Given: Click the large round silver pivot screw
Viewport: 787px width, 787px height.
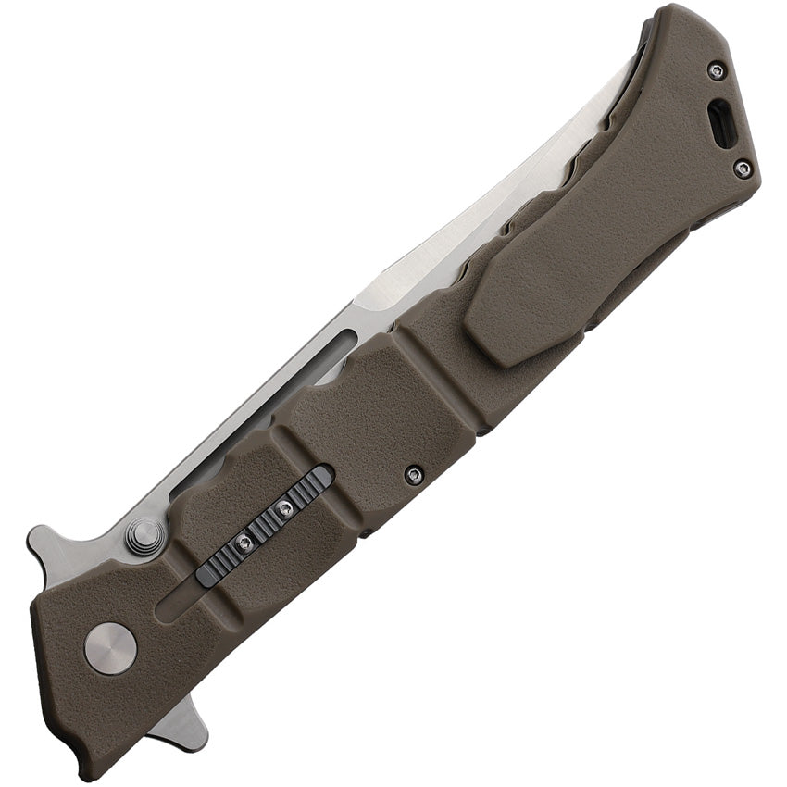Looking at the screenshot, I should click(x=110, y=648).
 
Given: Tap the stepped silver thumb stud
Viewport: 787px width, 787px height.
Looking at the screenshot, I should click(x=144, y=536).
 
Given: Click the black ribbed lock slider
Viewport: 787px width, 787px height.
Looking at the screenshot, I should click(x=265, y=526).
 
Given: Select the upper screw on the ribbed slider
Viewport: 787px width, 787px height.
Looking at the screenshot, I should click(x=285, y=507).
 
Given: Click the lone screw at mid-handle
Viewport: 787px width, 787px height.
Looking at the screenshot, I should click(x=414, y=475).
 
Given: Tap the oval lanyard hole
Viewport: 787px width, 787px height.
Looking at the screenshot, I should click(x=721, y=124).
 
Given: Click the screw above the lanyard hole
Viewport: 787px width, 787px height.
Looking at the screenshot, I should click(x=716, y=70).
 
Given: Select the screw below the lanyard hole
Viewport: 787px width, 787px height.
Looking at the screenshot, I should click(x=743, y=169).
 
